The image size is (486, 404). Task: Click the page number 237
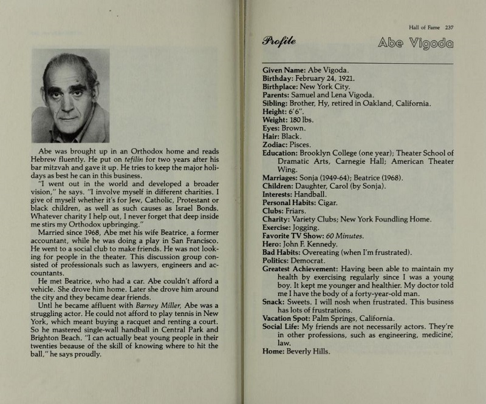[449, 27]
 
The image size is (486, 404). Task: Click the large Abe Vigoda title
[416, 43]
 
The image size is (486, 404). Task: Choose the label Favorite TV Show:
[295, 235]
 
